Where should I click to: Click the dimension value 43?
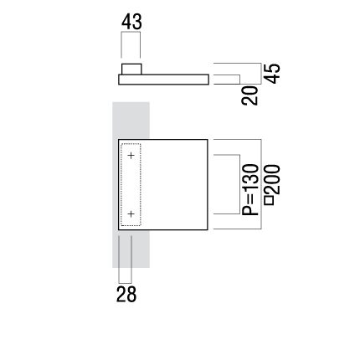tap(131, 22)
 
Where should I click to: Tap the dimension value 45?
tap(272, 74)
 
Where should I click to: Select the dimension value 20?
tap(249, 95)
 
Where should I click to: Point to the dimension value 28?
tap(126, 295)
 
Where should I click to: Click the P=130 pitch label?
tap(250, 190)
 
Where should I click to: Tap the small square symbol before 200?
tap(270, 201)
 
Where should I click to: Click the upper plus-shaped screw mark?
tap(131, 155)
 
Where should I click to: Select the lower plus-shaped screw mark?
tap(131, 214)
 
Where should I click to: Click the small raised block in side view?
tap(131, 69)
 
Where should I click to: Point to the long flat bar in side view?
tap(164, 80)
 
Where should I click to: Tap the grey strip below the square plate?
tap(131, 249)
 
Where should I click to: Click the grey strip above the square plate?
tap(131, 121)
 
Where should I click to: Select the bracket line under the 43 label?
tap(131, 32)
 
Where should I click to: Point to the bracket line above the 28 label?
tap(125, 283)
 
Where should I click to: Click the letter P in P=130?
tap(250, 210)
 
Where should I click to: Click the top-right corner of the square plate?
tap(208, 139)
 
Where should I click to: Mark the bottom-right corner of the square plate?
tap(208, 230)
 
